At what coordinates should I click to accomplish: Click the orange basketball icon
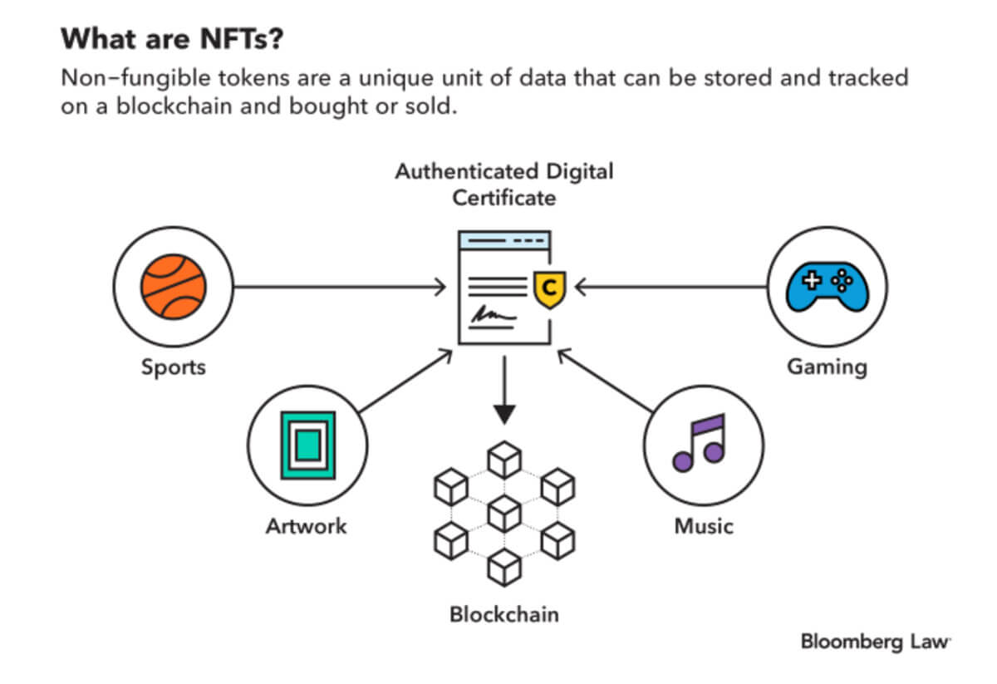point(174,288)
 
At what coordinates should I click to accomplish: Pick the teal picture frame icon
point(307,445)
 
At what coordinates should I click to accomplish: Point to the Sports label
point(174,367)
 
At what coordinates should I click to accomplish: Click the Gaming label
point(827,367)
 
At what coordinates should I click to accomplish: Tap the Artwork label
point(307,526)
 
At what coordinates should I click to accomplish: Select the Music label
point(703,526)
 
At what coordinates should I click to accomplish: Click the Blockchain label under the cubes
point(504,615)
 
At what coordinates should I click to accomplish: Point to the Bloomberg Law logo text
point(875,642)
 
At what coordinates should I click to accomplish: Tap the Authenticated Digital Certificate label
point(504,185)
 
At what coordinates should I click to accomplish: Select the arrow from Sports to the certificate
point(341,288)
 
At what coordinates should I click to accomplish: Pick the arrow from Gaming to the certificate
point(669,288)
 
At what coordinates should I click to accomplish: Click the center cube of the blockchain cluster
point(504,513)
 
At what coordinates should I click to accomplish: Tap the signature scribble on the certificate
point(490,314)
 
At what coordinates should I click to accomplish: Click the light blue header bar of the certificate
point(504,240)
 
